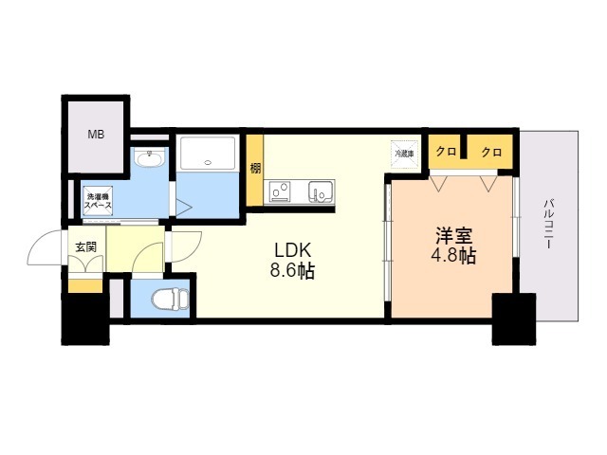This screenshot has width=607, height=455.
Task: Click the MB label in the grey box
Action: coord(96,135)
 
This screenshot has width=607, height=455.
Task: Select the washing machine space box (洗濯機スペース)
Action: coord(98,199)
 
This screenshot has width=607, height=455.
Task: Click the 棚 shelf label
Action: coord(256,169)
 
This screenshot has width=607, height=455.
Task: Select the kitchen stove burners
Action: coord(281,192)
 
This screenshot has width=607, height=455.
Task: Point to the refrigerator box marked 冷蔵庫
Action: coord(405,152)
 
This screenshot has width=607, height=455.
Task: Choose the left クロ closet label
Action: coord(446,152)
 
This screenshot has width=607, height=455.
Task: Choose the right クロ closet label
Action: coord(490,152)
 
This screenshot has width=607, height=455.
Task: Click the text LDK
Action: coord(293,249)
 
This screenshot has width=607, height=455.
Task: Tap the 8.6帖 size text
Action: coord(293,271)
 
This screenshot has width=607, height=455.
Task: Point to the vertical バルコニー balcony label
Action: coord(549,224)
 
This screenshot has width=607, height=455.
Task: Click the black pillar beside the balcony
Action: coord(513,318)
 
